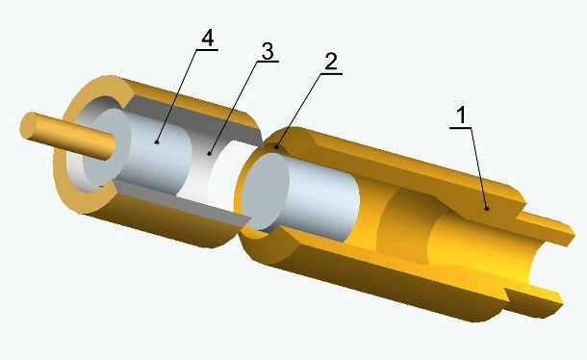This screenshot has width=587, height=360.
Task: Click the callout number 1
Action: (x=462, y=115)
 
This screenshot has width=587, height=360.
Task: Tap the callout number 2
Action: (x=331, y=62)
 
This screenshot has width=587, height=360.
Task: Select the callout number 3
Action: (x=268, y=51)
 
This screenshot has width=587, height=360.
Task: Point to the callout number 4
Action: (x=208, y=39)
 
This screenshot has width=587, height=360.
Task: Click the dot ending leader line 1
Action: (x=487, y=208)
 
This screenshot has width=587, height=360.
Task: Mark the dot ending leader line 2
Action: (x=276, y=147)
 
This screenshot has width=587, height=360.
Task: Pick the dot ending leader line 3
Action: (x=210, y=154)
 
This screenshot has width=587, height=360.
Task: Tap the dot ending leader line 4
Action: (x=157, y=141)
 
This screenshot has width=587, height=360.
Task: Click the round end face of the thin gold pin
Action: (x=29, y=126)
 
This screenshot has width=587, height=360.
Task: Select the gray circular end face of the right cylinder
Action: (x=265, y=192)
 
